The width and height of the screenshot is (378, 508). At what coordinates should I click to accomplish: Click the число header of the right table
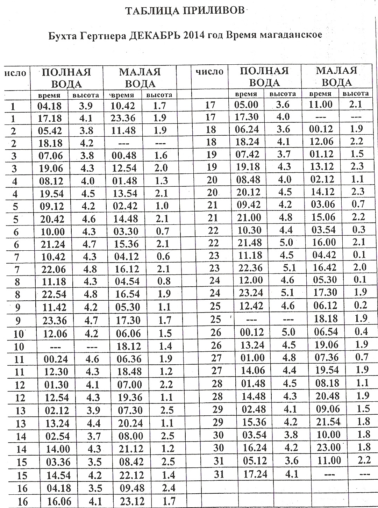click(x=209, y=72)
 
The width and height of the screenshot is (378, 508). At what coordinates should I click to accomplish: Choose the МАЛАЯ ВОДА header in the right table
click(x=336, y=76)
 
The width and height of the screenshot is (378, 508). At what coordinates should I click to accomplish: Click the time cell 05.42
click(x=50, y=131)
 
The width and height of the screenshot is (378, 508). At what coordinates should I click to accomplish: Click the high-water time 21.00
click(x=249, y=217)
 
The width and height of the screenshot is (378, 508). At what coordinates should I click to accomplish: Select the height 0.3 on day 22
click(x=359, y=230)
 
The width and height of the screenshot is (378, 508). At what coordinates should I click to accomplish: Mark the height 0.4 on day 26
click(x=361, y=331)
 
